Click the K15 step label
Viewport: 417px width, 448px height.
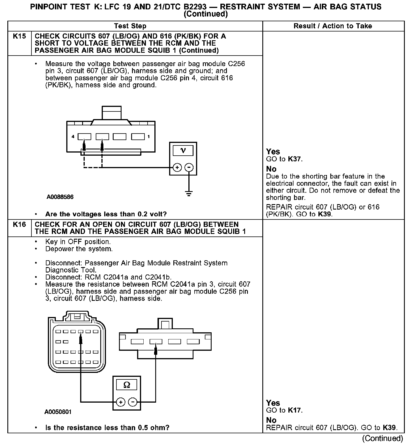(19, 36)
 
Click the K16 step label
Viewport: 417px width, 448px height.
(19, 225)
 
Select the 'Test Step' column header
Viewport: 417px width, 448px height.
(130, 26)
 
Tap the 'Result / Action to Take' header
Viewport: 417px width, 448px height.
(333, 26)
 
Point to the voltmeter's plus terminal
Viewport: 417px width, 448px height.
(177, 167)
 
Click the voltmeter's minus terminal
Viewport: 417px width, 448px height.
(189, 167)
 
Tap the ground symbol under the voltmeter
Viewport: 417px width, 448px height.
(189, 194)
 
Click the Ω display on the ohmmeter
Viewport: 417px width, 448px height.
(127, 385)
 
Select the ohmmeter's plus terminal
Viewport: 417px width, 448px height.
(121, 402)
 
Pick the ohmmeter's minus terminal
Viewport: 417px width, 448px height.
(133, 402)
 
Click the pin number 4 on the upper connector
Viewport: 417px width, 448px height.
(73, 137)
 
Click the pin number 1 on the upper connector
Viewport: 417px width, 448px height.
(149, 137)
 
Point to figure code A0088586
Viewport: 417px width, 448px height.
(60, 197)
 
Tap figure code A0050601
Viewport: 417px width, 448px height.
(58, 412)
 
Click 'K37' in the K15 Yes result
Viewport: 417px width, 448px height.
(295, 159)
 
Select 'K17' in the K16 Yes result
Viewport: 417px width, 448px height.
(295, 410)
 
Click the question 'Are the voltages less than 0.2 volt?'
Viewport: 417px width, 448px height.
(106, 214)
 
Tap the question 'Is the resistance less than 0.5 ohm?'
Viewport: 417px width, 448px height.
(107, 428)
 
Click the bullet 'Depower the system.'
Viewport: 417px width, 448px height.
(79, 249)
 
